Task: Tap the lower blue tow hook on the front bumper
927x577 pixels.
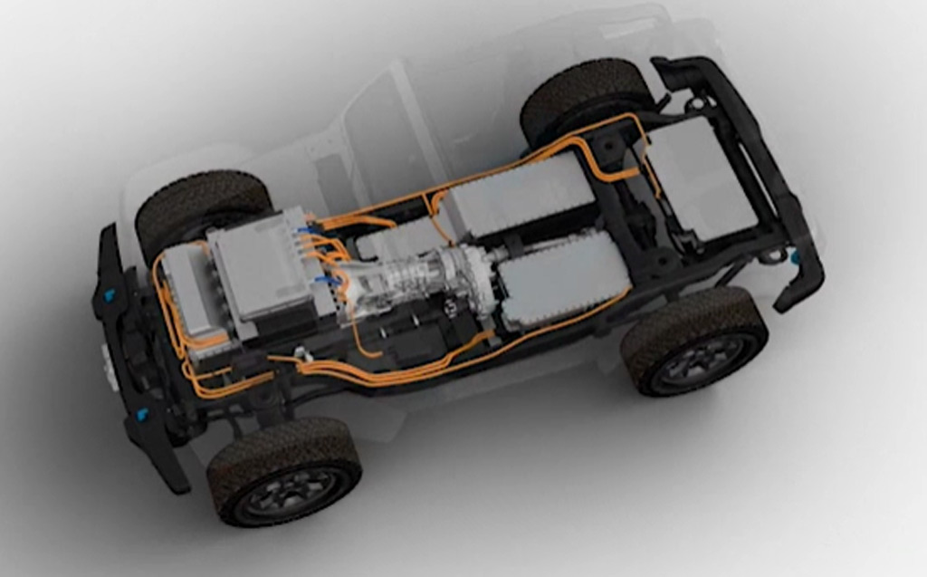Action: click(x=143, y=414)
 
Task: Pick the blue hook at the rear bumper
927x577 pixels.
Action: click(x=795, y=256)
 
